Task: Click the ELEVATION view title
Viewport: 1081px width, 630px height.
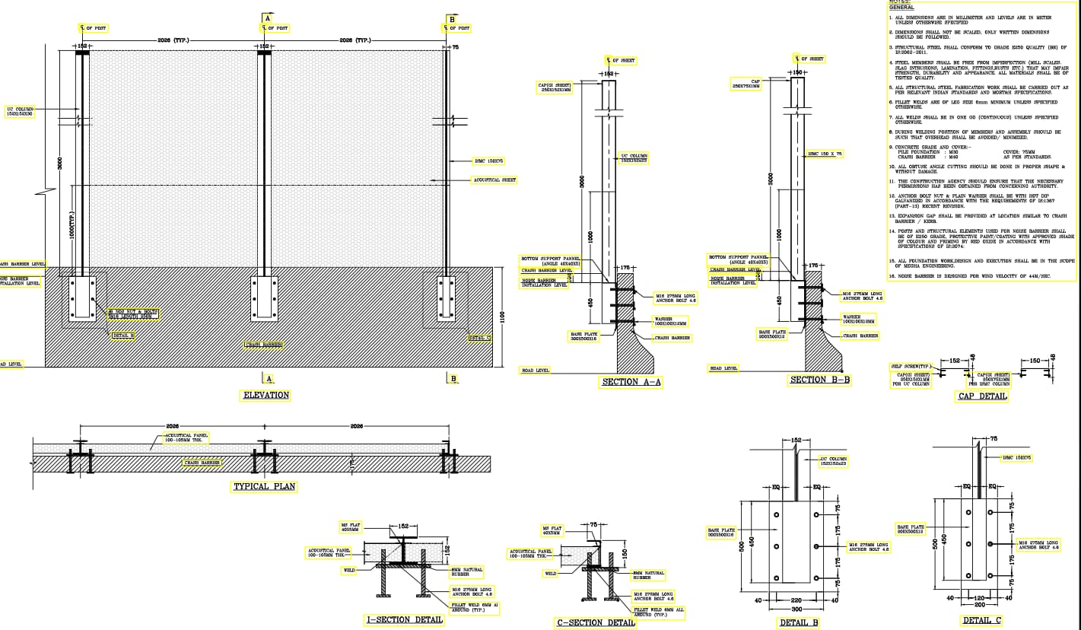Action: (x=265, y=395)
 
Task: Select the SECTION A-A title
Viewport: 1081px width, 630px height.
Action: (x=631, y=382)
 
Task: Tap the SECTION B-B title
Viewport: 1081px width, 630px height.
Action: (x=819, y=380)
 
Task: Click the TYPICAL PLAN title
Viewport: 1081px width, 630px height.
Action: (x=264, y=486)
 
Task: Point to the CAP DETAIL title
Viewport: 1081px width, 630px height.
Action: (x=982, y=396)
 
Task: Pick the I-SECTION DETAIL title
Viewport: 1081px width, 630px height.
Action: (x=405, y=619)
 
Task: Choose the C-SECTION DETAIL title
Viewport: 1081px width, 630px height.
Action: (x=596, y=622)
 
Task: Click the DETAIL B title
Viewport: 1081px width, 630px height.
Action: (x=799, y=623)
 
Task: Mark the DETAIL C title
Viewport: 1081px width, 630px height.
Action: (x=982, y=621)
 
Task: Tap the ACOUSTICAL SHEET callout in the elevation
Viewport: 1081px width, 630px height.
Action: (x=494, y=180)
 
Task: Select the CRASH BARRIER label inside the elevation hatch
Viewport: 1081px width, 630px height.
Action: (x=264, y=345)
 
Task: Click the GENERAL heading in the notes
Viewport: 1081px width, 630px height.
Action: (x=901, y=8)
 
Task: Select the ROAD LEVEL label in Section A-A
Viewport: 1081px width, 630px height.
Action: (x=536, y=371)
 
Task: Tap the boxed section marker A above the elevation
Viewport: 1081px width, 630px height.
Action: (x=267, y=17)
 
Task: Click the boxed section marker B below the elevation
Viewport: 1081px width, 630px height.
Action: (x=453, y=378)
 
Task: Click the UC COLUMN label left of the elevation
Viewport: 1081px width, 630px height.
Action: (x=21, y=111)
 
